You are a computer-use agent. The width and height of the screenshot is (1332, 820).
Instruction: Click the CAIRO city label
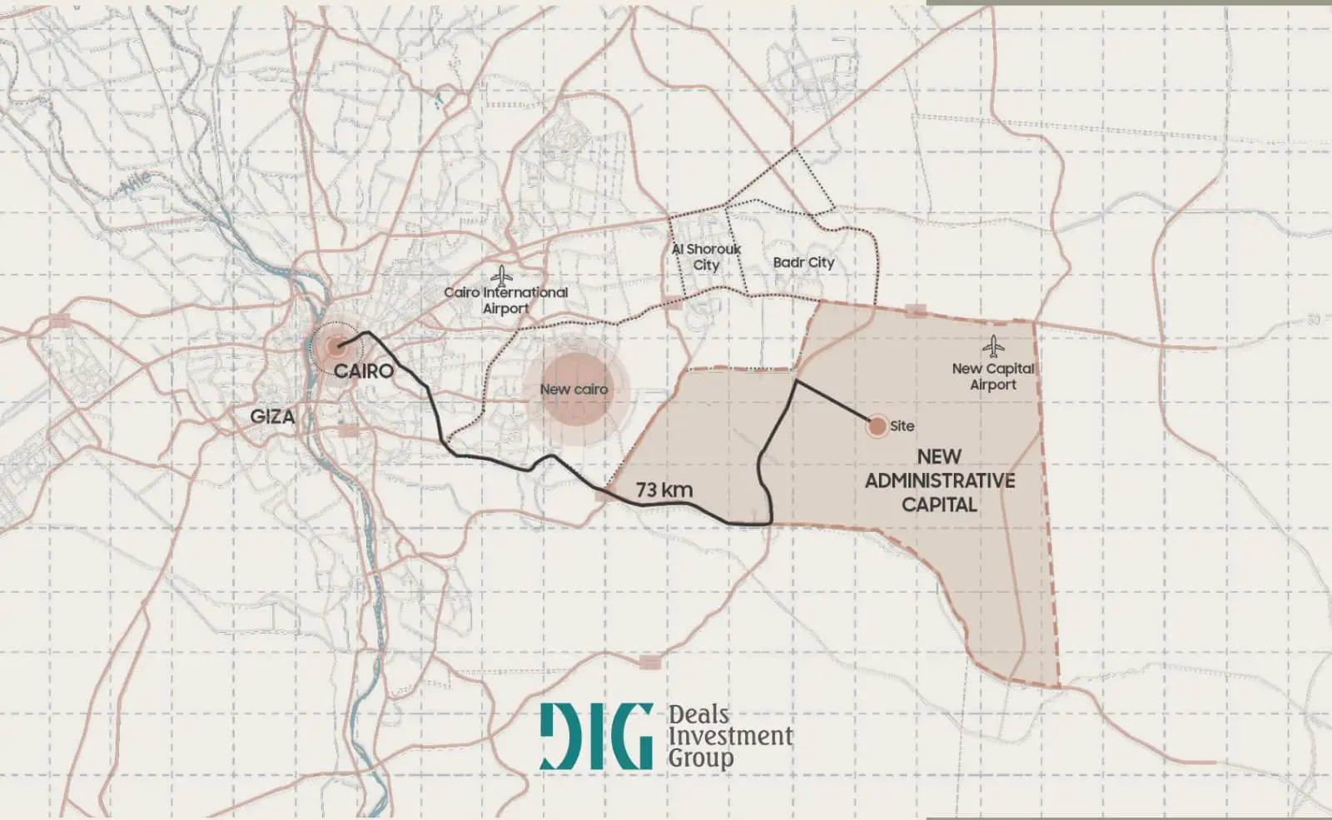(x=363, y=371)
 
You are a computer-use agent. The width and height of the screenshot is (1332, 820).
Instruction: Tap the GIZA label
(x=272, y=416)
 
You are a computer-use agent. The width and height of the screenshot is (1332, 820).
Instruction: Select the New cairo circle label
(x=574, y=390)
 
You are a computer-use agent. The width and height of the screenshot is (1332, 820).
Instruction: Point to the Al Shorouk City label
(x=706, y=257)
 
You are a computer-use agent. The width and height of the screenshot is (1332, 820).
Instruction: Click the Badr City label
(x=803, y=262)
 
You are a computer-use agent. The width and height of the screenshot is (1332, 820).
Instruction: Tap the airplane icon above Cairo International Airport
(x=502, y=276)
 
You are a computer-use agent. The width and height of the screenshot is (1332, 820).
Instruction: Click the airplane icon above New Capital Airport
(x=993, y=346)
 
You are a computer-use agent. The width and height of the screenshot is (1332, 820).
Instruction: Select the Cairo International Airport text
(x=505, y=301)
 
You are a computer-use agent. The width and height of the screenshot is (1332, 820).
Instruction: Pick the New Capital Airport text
(x=993, y=376)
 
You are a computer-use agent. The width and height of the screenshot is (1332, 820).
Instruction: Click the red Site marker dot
(x=877, y=427)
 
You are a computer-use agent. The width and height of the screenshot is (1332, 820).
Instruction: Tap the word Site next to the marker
(x=902, y=426)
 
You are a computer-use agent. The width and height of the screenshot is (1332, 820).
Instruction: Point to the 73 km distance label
(x=664, y=490)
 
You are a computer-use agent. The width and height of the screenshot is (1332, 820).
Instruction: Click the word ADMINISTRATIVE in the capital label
(x=939, y=481)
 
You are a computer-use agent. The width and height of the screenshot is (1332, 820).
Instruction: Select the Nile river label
(x=137, y=182)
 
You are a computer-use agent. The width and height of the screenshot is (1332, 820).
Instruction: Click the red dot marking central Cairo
(x=335, y=346)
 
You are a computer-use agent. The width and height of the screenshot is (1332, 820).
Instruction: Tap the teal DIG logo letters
(x=596, y=737)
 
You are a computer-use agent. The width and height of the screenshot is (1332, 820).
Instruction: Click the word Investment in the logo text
(x=730, y=737)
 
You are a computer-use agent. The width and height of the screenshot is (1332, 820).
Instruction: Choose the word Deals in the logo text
(x=698, y=715)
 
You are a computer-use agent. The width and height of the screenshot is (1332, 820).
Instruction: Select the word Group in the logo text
(x=701, y=758)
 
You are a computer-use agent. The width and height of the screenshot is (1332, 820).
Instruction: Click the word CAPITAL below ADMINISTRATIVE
(x=939, y=504)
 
